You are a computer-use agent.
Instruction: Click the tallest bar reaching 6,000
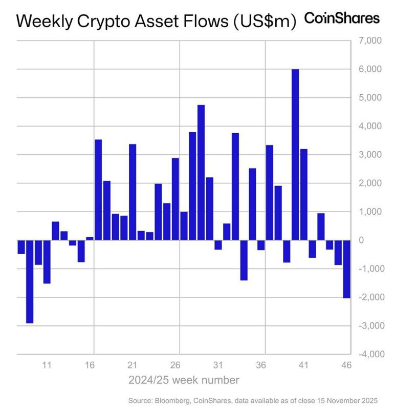coord(295,154)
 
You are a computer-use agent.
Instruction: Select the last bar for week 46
coord(346,269)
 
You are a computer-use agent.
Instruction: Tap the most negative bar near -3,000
coord(30,281)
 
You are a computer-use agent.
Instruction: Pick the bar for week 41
coord(304,194)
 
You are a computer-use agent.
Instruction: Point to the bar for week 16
coord(90,238)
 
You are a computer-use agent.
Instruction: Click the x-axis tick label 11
coord(47,366)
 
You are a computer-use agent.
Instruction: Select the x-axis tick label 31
coord(218,366)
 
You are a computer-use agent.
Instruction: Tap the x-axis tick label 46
coord(346,366)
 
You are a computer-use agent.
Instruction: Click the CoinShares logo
coord(342,18)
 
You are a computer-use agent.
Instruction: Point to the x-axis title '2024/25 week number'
coord(184,380)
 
